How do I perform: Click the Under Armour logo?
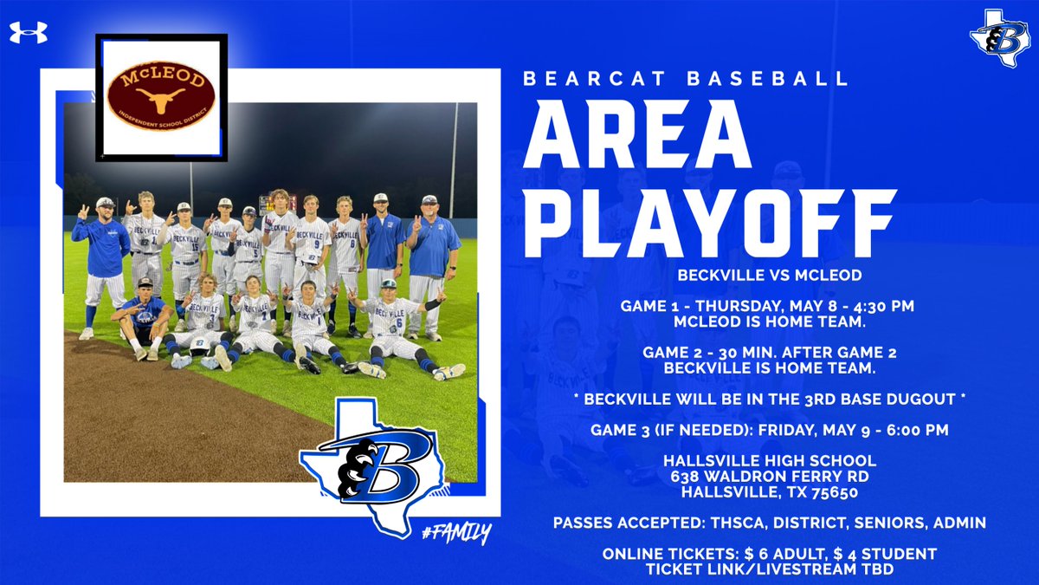tap(29, 33)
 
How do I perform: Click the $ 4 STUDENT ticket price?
tap(881, 553)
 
